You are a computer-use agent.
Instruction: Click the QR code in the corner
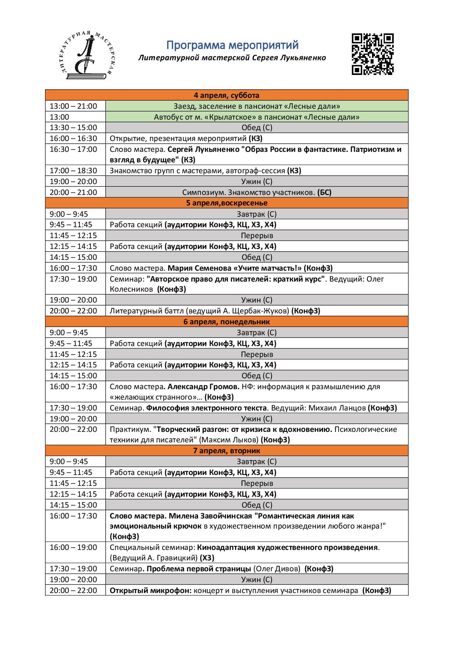pyautogui.click(x=372, y=54)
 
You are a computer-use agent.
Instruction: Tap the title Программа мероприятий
pyautogui.click(x=232, y=45)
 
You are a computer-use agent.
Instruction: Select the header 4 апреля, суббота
pyautogui.click(x=227, y=95)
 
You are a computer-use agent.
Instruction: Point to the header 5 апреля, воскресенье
pyautogui.click(x=227, y=203)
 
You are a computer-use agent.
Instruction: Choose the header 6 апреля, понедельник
pyautogui.click(x=227, y=322)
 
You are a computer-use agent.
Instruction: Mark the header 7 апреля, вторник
pyautogui.click(x=227, y=450)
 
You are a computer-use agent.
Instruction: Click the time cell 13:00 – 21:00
pyautogui.click(x=73, y=106)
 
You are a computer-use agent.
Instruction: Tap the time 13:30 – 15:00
pyautogui.click(x=73, y=127)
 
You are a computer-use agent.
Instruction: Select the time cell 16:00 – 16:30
pyautogui.click(x=73, y=138)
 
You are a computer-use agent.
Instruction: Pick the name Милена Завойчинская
pyautogui.click(x=210, y=516)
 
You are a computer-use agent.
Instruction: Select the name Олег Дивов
pyautogui.click(x=277, y=569)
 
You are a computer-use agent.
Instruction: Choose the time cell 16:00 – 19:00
pyautogui.click(x=73, y=547)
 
